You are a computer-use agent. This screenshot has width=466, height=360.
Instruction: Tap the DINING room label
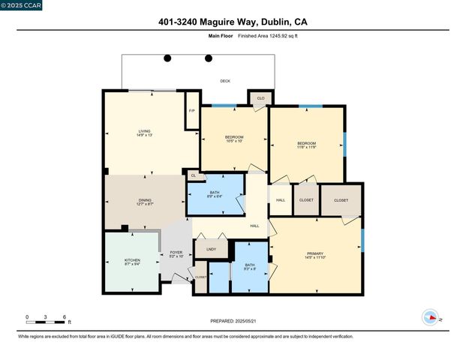click(145, 199)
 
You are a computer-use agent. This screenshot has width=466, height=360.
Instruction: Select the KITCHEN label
click(132, 260)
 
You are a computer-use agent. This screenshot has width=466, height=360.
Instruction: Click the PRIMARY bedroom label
click(315, 253)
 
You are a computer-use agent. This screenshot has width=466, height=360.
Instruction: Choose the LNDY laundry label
click(211, 249)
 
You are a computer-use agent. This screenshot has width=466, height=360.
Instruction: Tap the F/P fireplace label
click(192, 111)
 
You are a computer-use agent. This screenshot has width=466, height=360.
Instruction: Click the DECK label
click(224, 80)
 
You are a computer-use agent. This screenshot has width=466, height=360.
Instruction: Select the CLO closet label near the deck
click(260, 98)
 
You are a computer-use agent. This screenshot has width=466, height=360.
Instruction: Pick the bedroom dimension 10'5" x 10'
click(234, 142)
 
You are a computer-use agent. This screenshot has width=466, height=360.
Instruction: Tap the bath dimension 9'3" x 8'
click(251, 268)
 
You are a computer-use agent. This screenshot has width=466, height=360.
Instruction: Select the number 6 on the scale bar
click(65, 317)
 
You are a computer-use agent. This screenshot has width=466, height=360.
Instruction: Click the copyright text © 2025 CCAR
click(22, 5)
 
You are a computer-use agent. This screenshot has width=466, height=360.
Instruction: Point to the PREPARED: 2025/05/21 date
click(233, 321)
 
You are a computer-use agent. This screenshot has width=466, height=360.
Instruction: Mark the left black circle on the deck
click(167, 58)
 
